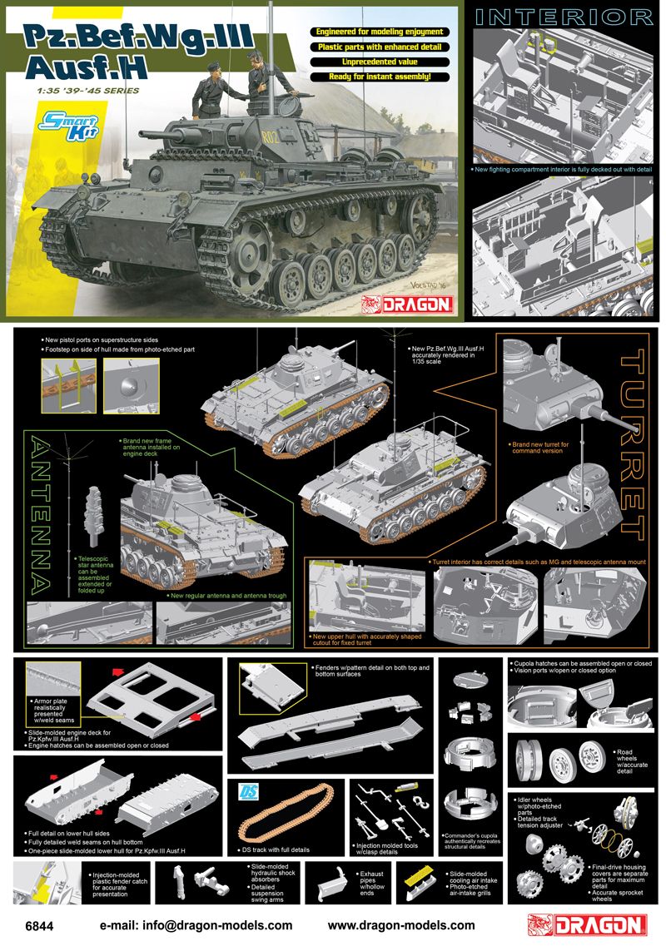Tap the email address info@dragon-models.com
click(x=196, y=925)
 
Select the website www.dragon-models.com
click(x=401, y=925)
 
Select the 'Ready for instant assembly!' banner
click(x=380, y=76)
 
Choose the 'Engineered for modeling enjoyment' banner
click(x=380, y=32)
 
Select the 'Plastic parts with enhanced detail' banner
click(x=380, y=47)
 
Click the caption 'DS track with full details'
click(x=277, y=849)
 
